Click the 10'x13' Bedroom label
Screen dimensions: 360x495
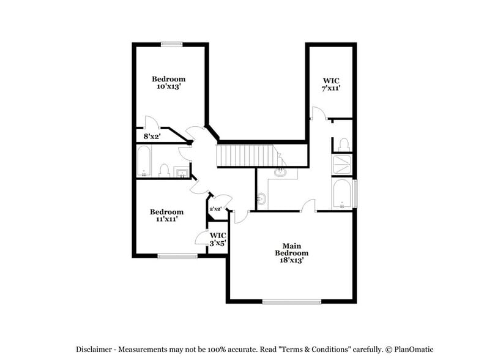point(168,83)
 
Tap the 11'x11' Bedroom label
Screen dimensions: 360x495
point(166,216)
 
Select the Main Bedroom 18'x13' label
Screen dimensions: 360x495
point(291,252)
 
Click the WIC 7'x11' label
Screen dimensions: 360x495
point(331,84)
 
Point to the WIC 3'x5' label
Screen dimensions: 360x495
point(218,239)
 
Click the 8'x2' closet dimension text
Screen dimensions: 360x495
point(151,137)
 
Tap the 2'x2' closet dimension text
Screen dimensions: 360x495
point(215,209)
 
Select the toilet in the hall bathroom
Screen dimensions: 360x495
point(164,170)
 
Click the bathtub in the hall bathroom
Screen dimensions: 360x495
point(144,162)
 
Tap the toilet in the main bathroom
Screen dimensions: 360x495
point(343,144)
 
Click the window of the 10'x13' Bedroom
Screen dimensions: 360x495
point(171,43)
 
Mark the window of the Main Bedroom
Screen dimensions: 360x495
point(292,301)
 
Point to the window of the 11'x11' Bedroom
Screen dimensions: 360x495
point(177,256)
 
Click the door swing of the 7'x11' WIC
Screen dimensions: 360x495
point(317,113)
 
